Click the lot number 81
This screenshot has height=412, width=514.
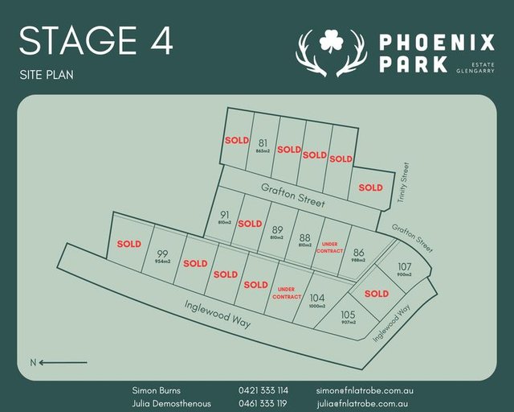(x=262, y=143)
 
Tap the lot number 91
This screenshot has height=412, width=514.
(x=225, y=215)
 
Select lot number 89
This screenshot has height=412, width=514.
(x=278, y=229)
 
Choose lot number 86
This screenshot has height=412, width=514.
(x=358, y=252)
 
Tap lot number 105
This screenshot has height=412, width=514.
(x=348, y=315)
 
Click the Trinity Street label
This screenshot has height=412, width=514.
(x=406, y=182)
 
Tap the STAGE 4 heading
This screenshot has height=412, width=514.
(x=96, y=41)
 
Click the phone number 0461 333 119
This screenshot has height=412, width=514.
(x=263, y=403)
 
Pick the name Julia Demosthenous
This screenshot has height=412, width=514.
(x=172, y=403)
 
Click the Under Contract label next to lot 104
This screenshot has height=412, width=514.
(x=287, y=293)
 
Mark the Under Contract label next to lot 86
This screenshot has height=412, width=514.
(x=332, y=247)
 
